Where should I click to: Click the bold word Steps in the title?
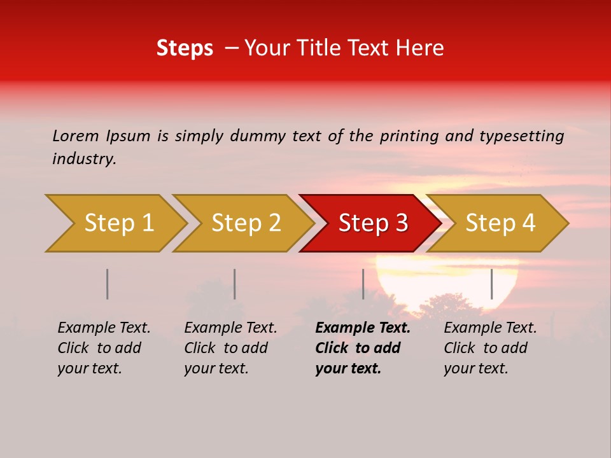click(x=185, y=48)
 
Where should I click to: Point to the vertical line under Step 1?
click(x=108, y=284)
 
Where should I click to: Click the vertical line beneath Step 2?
click(x=235, y=284)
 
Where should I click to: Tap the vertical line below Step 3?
click(x=363, y=284)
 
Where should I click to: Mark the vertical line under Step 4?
click(x=491, y=284)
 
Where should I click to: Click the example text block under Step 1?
click(x=104, y=348)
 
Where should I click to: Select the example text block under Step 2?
click(x=230, y=348)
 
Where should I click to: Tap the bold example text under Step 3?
click(x=362, y=348)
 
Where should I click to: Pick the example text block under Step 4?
click(x=490, y=348)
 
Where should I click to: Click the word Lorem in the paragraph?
click(x=76, y=136)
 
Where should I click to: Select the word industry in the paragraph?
click(x=84, y=159)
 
